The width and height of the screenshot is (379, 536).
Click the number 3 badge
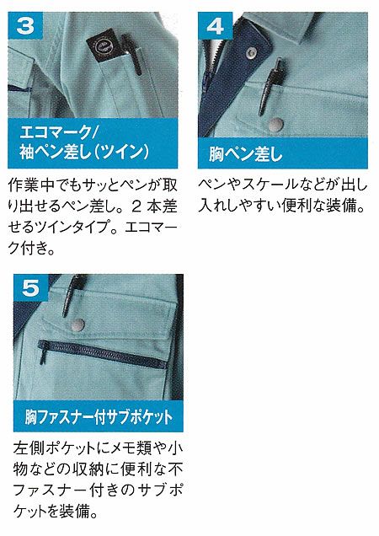pos(25,25)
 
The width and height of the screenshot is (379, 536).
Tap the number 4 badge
pos(216,25)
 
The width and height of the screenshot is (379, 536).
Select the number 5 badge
pos(31,287)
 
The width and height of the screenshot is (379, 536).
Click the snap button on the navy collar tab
pos(252,52)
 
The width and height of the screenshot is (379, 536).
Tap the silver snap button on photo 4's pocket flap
pos(275,125)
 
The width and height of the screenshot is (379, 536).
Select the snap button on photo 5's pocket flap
pos(77,324)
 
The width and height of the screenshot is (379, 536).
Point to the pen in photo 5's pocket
pos(72,295)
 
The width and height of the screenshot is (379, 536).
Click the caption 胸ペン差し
pos(245,154)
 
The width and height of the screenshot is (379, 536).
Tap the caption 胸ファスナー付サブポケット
pos(99,417)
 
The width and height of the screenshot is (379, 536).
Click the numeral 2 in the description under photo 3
pos(136,206)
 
